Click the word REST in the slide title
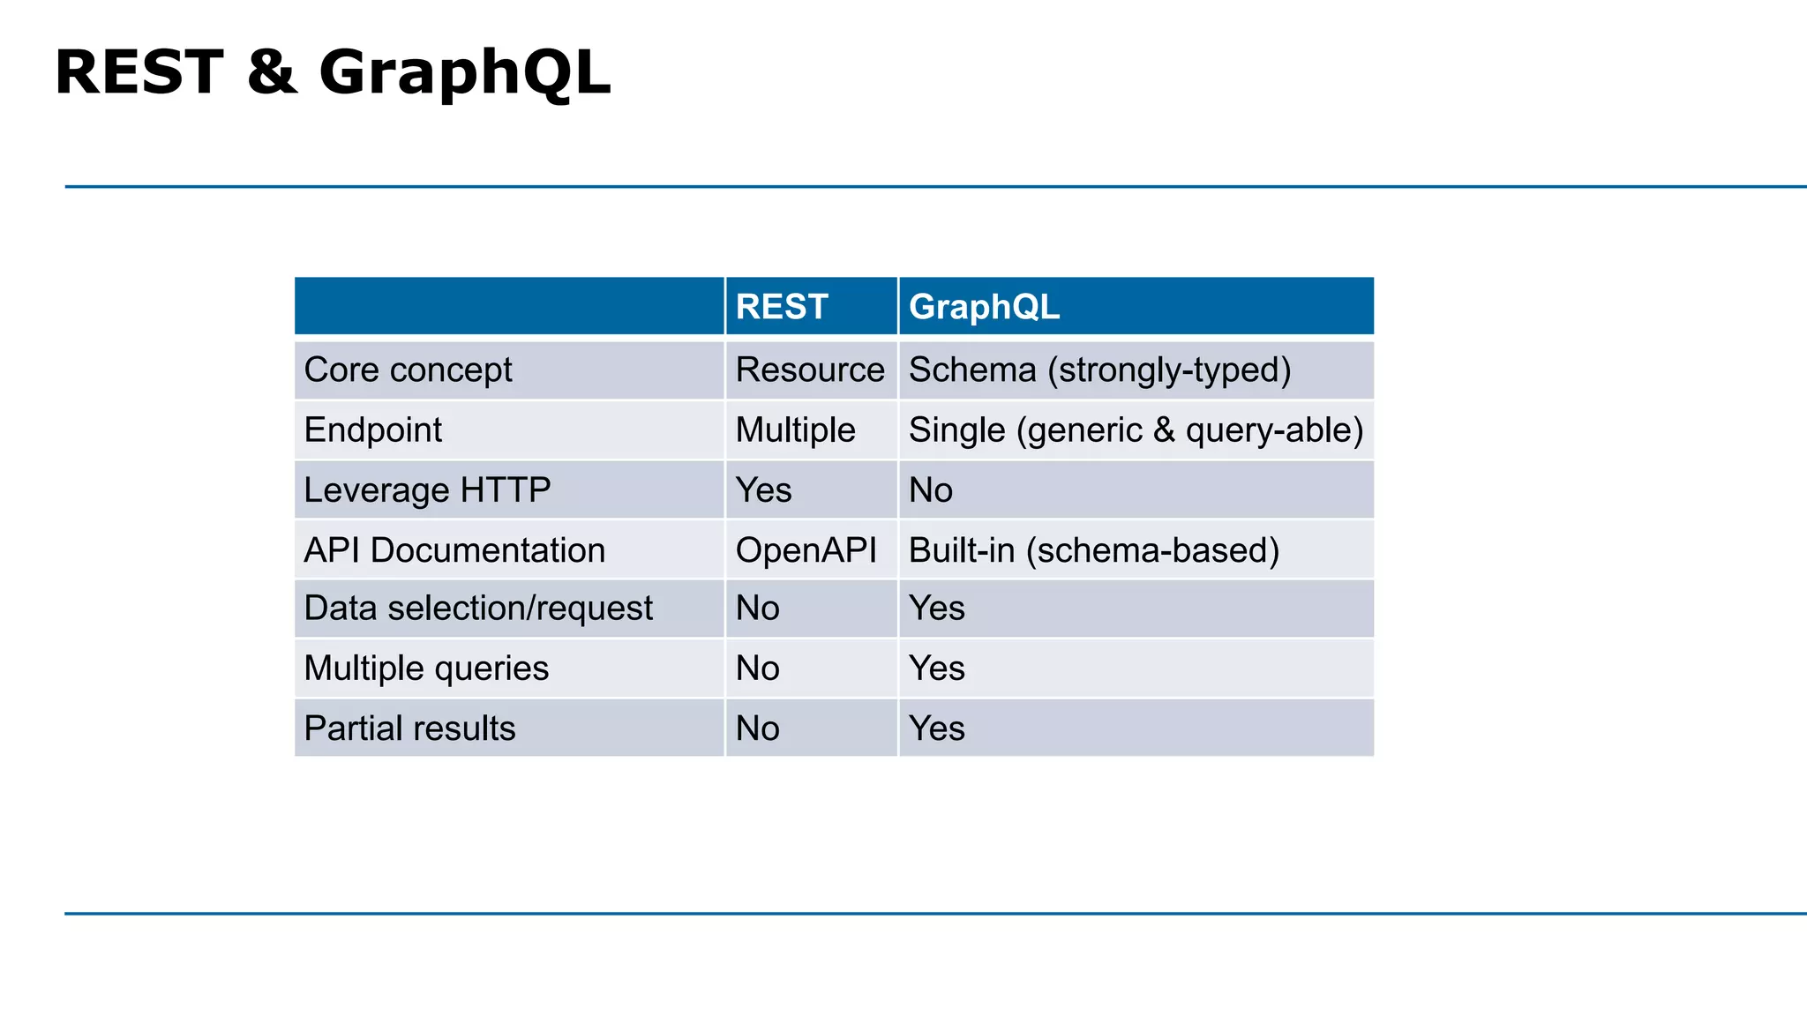[x=139, y=72]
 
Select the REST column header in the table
[x=782, y=307]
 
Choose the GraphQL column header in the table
[x=984, y=307]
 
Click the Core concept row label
[x=408, y=370]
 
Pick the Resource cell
[x=810, y=370]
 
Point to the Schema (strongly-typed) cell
[x=1099, y=370]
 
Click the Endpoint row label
[x=372, y=430]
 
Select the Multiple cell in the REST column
[x=795, y=430]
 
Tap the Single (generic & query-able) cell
[x=1136, y=430]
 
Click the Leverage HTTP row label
[x=427, y=489]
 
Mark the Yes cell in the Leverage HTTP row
[x=763, y=489]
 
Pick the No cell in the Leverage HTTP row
[x=931, y=489]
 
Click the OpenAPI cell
[x=806, y=549]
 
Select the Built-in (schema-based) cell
[x=1093, y=549]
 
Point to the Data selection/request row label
[x=478, y=608]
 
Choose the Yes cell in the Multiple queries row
[x=936, y=668]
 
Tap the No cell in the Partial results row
[x=757, y=728]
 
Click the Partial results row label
[x=409, y=728]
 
